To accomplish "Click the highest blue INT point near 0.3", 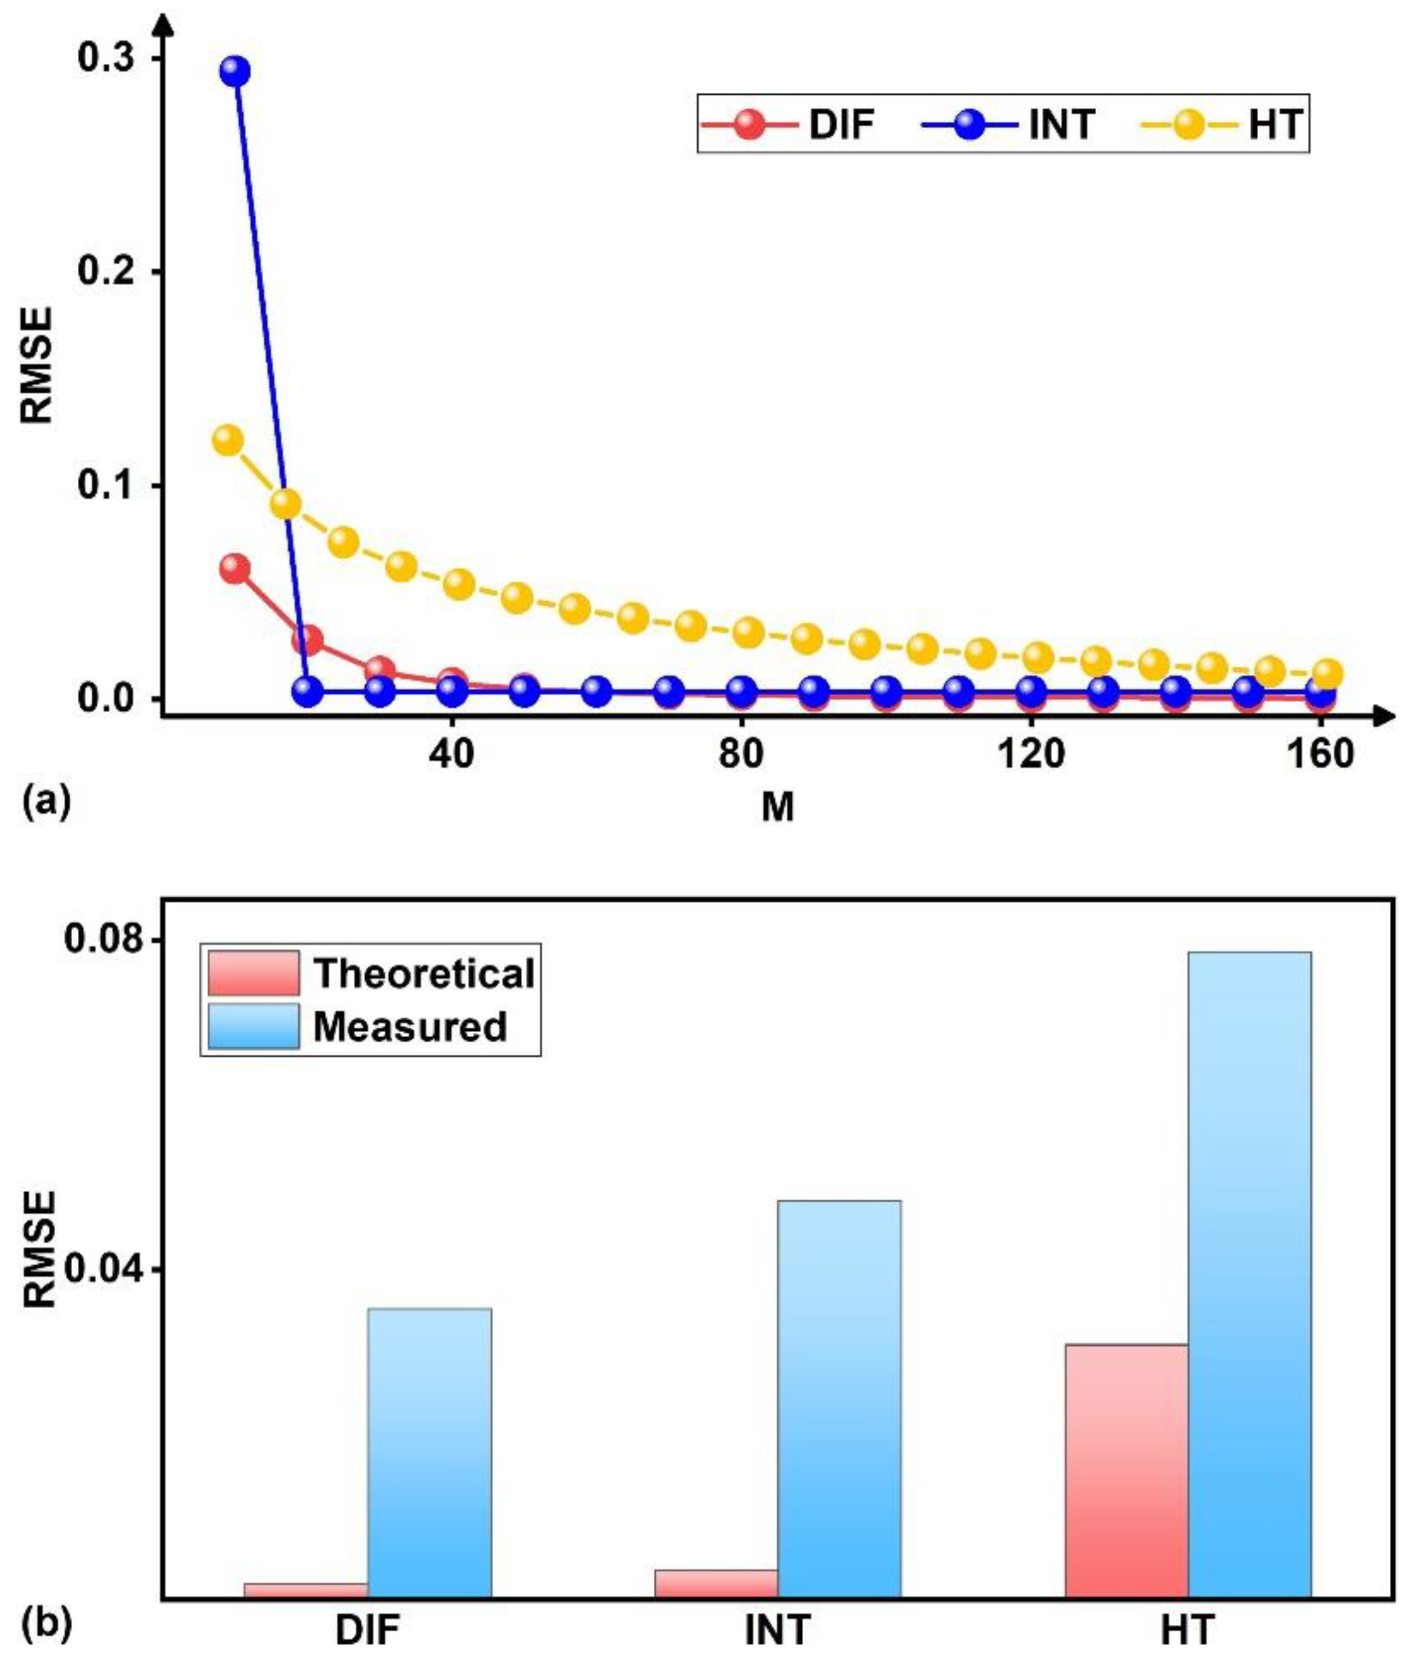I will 235,72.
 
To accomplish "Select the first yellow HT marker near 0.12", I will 227,440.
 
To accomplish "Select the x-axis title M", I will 777,807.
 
